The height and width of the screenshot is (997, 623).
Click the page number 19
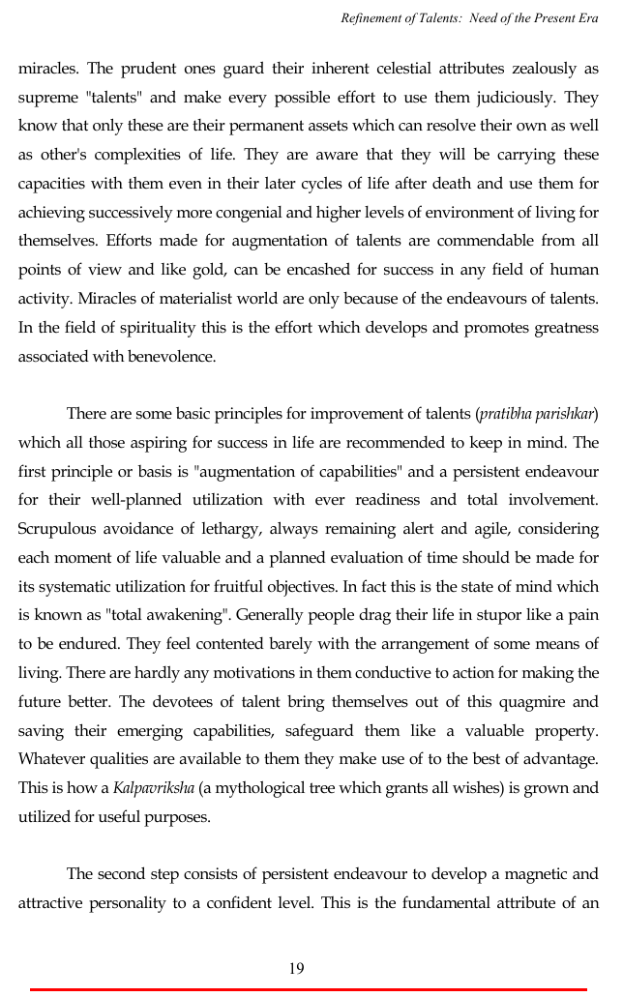pos(296,968)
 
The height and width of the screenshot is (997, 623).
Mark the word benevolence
pos(171,356)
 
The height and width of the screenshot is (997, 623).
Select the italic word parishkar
pos(565,414)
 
